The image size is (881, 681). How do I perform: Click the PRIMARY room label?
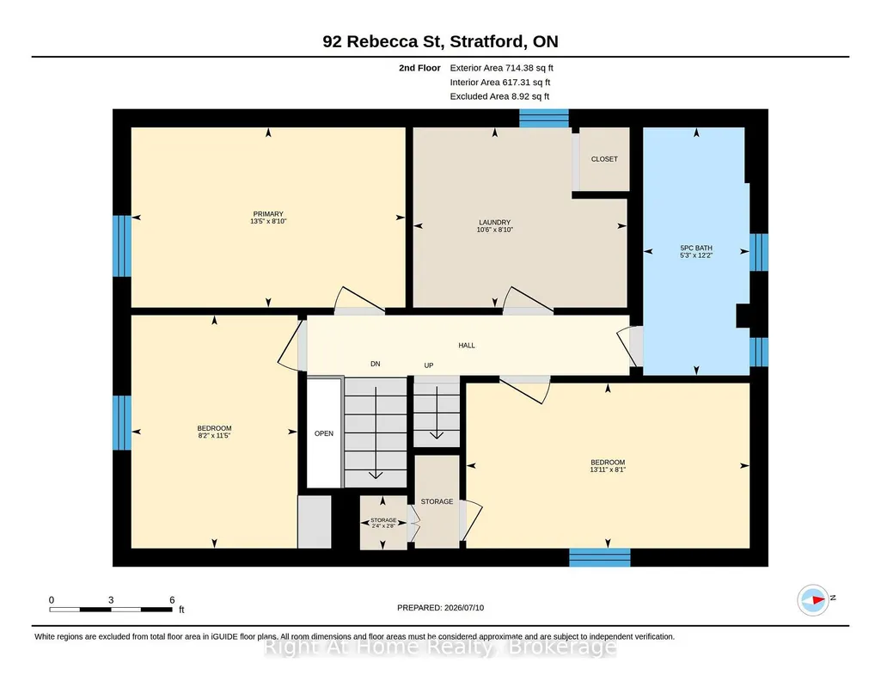click(268, 214)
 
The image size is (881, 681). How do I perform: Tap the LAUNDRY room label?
click(494, 223)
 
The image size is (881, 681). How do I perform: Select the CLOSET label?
click(604, 159)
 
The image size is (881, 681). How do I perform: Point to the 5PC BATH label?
click(696, 248)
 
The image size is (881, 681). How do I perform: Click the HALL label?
click(467, 346)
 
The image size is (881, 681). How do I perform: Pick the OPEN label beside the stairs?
click(324, 433)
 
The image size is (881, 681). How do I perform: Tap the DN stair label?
click(376, 364)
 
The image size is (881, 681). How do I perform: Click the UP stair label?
click(429, 365)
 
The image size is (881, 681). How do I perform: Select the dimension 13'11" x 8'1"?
click(608, 469)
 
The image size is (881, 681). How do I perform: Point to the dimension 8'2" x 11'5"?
click(214, 435)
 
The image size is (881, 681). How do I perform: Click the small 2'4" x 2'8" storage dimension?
click(383, 525)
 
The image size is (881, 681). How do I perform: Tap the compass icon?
click(813, 600)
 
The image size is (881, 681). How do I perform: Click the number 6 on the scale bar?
click(172, 600)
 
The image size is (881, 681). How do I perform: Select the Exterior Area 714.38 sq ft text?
click(501, 68)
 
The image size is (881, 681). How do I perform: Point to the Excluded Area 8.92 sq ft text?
click(499, 96)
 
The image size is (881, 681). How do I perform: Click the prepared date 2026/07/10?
click(464, 607)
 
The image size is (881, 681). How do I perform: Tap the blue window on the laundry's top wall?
click(544, 118)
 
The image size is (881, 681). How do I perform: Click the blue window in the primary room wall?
click(122, 246)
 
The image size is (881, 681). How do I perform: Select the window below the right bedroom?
click(599, 557)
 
